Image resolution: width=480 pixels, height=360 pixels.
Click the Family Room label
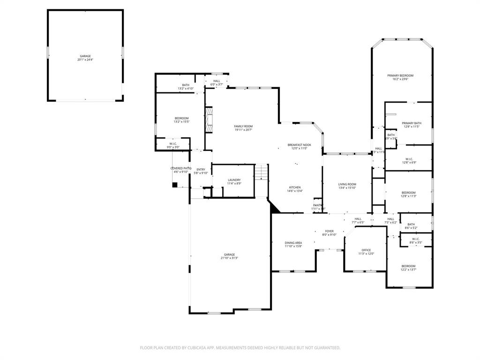pyautogui.click(x=243, y=128)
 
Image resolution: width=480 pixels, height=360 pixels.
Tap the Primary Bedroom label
pyautogui.click(x=400, y=77)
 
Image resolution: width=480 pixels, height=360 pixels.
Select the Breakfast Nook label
pyautogui.click(x=299, y=147)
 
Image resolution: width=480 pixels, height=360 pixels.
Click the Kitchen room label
pyautogui.click(x=295, y=189)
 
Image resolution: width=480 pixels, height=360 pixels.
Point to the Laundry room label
pyautogui.click(x=234, y=181)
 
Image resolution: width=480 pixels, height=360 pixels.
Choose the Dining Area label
pyautogui.click(x=293, y=244)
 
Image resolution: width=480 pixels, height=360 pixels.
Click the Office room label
pyautogui.click(x=366, y=252)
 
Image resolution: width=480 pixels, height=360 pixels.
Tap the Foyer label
pyautogui.click(x=330, y=232)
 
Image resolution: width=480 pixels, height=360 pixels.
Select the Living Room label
pyautogui.click(x=347, y=186)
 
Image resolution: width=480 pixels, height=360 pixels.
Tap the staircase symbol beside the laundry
pyautogui.click(x=261, y=172)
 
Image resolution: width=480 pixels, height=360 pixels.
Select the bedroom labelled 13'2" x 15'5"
pyautogui.click(x=181, y=120)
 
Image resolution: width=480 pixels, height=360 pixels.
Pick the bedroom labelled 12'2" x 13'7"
pyautogui.click(x=408, y=268)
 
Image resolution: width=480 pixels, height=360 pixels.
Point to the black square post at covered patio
pyautogui.click(x=174, y=185)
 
